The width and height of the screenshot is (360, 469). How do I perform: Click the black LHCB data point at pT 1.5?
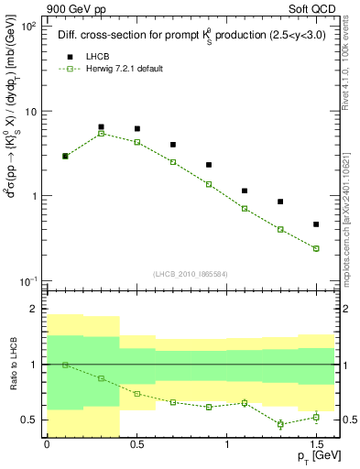click(x=316, y=224)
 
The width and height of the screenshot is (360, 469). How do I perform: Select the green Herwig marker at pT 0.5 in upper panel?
click(x=137, y=142)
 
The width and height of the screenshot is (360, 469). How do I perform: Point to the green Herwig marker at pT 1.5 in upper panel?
click(x=316, y=248)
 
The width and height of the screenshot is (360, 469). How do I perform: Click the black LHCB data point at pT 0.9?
click(x=209, y=165)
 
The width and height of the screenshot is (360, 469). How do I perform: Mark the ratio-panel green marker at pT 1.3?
click(x=280, y=424)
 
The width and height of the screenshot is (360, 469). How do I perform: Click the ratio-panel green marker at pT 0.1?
click(x=66, y=365)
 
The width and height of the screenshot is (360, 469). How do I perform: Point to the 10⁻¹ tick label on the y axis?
click(x=26, y=280)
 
